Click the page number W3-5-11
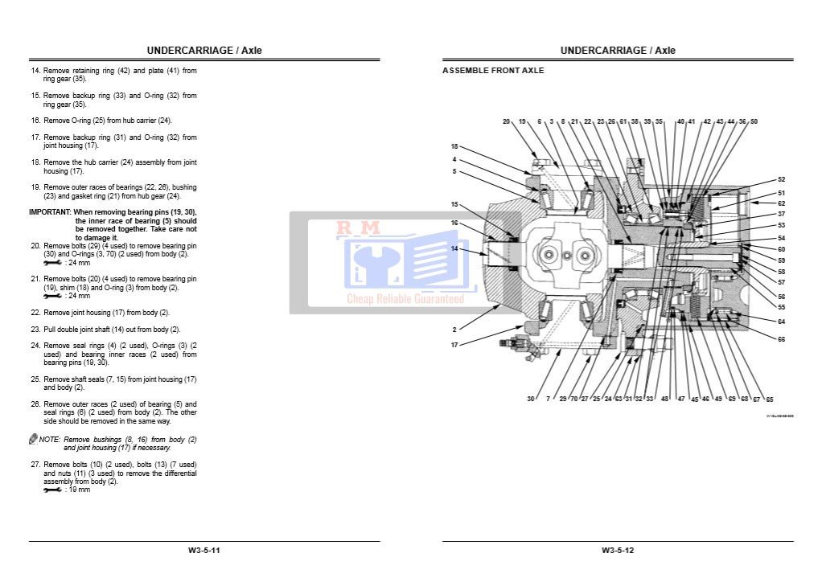[204, 551]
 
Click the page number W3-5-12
[618, 551]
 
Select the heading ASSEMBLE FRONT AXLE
[493, 71]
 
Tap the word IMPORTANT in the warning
[50, 212]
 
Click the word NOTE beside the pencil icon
[50, 440]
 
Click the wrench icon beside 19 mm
[52, 490]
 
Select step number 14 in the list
[35, 71]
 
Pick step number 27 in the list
[35, 465]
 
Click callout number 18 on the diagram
[454, 146]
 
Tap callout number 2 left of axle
[454, 330]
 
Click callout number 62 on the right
[781, 203]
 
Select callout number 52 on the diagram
[781, 179]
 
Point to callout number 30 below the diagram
[531, 399]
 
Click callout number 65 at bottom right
[769, 399]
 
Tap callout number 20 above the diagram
[507, 121]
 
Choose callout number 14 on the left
[454, 248]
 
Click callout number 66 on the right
[781, 339]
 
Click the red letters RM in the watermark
[358, 229]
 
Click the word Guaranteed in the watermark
[438, 299]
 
